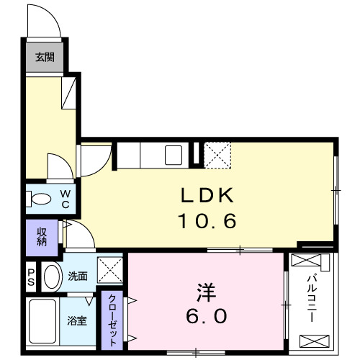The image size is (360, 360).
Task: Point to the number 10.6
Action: click(207, 221)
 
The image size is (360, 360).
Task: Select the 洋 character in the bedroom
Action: click(207, 294)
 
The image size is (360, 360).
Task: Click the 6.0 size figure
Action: click(207, 315)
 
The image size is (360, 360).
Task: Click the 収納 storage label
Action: click(40, 237)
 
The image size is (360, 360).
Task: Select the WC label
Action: click(64, 198)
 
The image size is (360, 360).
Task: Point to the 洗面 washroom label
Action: click(78, 276)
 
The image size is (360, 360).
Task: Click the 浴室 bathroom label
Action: click(78, 321)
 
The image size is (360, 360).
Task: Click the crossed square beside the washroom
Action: click(112, 271)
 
